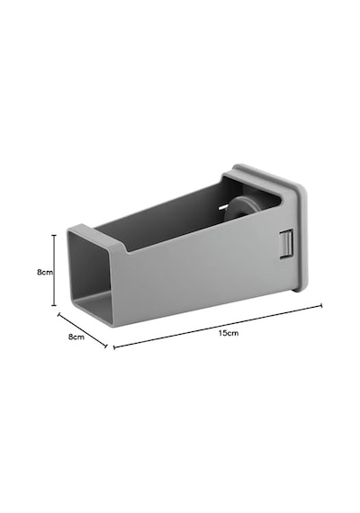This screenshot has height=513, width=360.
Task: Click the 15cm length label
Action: coord(229,333)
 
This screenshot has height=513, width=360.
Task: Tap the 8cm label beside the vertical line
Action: coord(45,272)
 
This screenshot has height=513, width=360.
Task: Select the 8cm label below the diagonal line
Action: coord(76,337)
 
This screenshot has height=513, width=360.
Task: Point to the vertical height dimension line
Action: coord(54,270)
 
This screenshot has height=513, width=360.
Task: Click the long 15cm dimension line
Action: coord(218,327)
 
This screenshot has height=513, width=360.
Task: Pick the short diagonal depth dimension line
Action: coord(83,330)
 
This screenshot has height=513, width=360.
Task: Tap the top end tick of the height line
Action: coord(54,235)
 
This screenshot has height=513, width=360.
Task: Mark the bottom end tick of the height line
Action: coord(54,305)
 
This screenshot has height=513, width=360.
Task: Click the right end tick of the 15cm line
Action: coord(321,306)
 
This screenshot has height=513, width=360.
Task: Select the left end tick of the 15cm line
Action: coord(114,347)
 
